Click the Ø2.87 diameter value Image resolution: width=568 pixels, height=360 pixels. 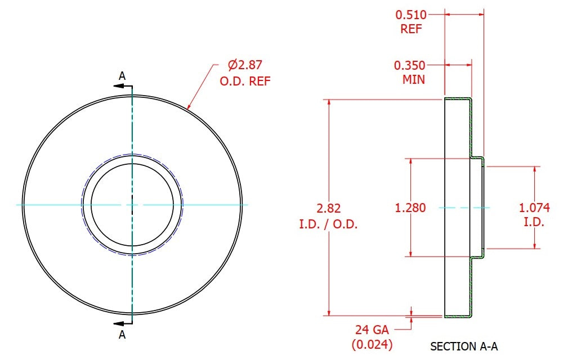click(x=245, y=65)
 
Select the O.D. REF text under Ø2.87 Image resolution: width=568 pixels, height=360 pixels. click(x=245, y=81)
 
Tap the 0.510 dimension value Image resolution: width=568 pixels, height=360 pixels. click(x=411, y=15)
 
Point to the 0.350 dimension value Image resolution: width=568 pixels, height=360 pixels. click(x=409, y=65)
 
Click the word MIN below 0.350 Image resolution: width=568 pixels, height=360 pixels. click(x=414, y=79)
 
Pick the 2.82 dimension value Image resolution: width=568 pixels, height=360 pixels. click(x=329, y=208)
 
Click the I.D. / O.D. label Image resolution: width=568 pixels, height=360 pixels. click(x=328, y=224)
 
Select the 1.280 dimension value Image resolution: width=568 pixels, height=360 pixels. click(x=410, y=208)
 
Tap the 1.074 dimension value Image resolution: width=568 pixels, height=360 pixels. click(x=534, y=208)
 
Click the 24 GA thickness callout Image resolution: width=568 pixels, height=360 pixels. click(x=372, y=330)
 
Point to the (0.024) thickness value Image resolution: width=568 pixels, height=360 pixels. click(x=372, y=344)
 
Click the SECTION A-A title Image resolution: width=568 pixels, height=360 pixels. click(x=464, y=346)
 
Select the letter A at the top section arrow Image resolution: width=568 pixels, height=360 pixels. click(x=122, y=76)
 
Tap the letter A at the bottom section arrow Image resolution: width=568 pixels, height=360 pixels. click(x=122, y=335)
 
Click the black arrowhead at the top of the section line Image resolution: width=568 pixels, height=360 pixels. click(x=118, y=86)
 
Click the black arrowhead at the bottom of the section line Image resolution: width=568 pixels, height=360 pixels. click(x=118, y=323)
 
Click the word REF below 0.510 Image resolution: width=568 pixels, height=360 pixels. click(x=411, y=29)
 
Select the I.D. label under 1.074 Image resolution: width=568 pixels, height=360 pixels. click(x=534, y=222)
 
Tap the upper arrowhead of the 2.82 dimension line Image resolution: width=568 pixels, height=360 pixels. click(x=329, y=103)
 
